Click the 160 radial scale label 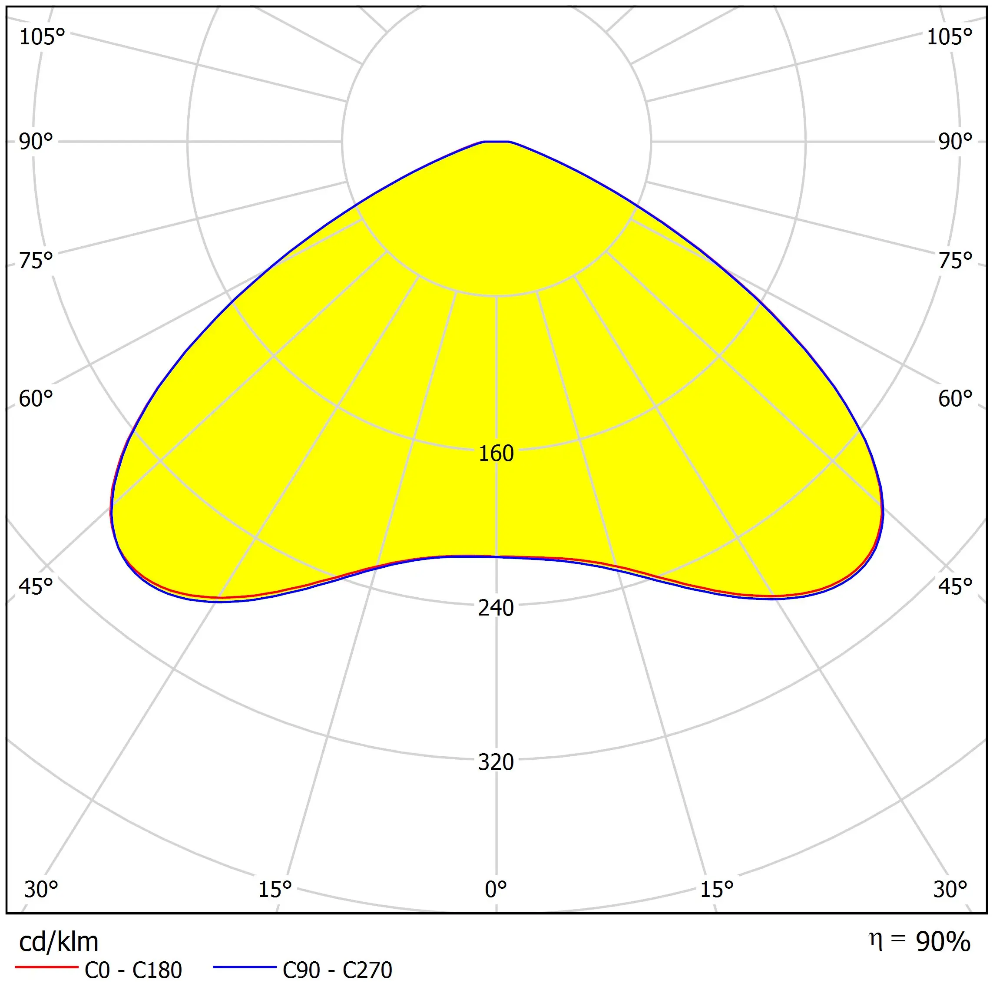(496, 453)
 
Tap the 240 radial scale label (496, 608)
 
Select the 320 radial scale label (496, 762)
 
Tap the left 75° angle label (36, 261)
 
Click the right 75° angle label (956, 261)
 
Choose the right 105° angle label (950, 37)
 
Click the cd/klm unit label (59, 942)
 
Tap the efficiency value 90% (943, 942)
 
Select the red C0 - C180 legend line (46, 968)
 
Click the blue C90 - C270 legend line (245, 968)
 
